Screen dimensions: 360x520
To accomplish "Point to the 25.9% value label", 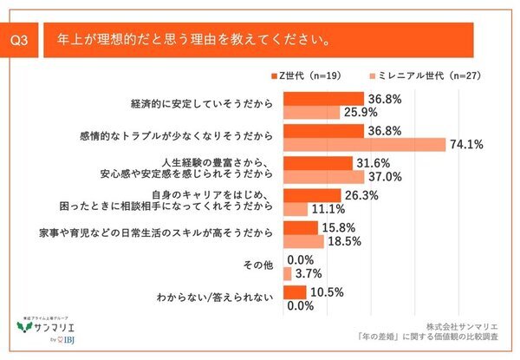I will point(362,112).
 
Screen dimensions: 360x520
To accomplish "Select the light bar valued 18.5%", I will point(303,242).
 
